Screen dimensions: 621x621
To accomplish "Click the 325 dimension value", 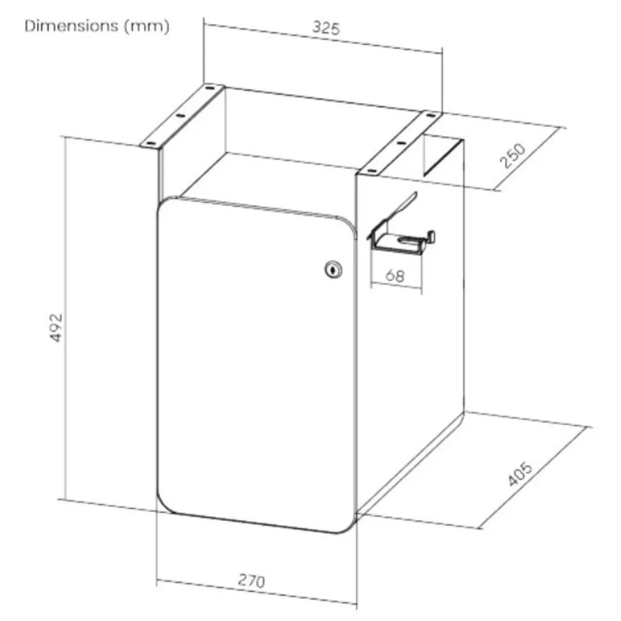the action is pos(326,28).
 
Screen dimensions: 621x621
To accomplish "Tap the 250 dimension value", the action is pos(513,156).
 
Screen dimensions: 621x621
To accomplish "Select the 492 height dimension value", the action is pos(57,328).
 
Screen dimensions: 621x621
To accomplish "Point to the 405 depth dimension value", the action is pos(520,473).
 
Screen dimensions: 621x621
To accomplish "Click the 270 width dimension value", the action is pos(251,580).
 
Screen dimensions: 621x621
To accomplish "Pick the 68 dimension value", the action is pos(395,275).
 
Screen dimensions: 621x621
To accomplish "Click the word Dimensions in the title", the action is pos(71,26).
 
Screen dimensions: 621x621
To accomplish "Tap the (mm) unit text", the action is pos(147,26).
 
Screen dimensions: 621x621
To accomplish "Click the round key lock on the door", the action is pos(333,270).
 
